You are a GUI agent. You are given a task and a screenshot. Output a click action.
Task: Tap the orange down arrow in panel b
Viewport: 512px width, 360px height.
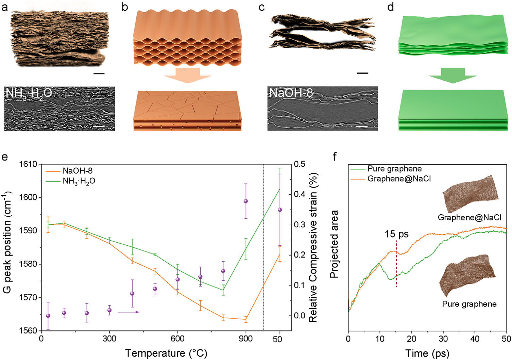click(x=188, y=76)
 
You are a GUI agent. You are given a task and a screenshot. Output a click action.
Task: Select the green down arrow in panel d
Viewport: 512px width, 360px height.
click(x=453, y=76)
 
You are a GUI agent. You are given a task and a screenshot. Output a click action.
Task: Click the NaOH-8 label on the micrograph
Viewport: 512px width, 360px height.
click(x=291, y=93)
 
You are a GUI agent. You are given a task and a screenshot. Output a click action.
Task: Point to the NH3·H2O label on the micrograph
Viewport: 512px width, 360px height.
click(x=29, y=93)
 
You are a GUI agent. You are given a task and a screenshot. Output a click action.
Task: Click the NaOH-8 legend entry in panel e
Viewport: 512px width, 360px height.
click(x=69, y=170)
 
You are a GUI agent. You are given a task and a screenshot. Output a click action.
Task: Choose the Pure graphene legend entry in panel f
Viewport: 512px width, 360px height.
click(x=386, y=168)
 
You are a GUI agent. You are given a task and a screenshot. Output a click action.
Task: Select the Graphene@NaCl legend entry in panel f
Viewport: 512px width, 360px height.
click(x=391, y=179)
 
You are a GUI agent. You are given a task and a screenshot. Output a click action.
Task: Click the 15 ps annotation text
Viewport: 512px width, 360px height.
click(x=396, y=234)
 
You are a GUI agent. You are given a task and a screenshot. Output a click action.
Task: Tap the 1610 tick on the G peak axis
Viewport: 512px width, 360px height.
click(x=29, y=164)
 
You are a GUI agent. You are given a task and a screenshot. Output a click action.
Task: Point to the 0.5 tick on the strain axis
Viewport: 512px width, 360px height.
click(x=300, y=164)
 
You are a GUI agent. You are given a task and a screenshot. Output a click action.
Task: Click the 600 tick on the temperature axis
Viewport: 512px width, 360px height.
click(x=177, y=339)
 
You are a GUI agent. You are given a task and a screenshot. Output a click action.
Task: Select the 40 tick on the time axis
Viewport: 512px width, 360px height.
click(x=475, y=339)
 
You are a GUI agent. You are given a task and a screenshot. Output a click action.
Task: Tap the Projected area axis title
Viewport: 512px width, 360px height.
click(x=334, y=244)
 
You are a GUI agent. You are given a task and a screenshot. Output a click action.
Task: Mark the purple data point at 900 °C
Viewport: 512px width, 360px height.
click(x=246, y=201)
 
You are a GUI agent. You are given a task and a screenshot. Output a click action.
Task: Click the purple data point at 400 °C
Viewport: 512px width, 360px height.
click(x=132, y=293)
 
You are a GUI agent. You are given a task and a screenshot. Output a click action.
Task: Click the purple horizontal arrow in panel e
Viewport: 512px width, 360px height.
click(x=129, y=312)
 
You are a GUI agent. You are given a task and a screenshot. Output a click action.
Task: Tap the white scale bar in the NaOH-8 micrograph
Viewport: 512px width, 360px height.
click(x=362, y=126)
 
